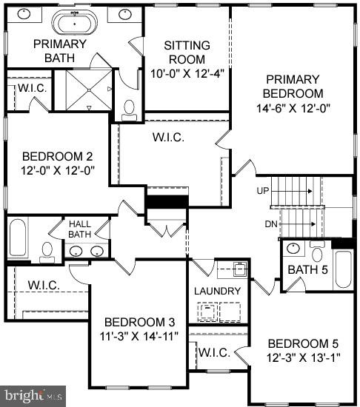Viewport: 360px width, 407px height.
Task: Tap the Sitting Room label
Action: click(x=187, y=52)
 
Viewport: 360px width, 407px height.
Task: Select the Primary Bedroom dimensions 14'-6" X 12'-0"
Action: click(x=293, y=107)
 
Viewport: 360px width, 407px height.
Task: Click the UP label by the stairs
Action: click(x=263, y=190)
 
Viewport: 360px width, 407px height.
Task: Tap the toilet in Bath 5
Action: click(x=317, y=253)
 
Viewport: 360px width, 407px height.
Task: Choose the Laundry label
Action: click(x=218, y=291)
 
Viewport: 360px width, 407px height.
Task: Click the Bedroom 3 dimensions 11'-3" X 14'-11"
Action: click(x=139, y=336)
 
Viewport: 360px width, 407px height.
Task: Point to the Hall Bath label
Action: click(x=79, y=229)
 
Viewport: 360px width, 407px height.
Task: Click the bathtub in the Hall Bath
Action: click(x=19, y=239)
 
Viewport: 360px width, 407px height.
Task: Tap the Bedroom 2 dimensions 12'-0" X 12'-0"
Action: click(x=58, y=170)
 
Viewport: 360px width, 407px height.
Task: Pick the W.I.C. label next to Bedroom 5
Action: click(x=213, y=351)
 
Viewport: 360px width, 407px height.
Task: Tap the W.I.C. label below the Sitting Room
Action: click(x=168, y=138)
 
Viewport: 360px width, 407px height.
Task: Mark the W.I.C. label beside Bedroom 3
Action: click(x=43, y=285)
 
